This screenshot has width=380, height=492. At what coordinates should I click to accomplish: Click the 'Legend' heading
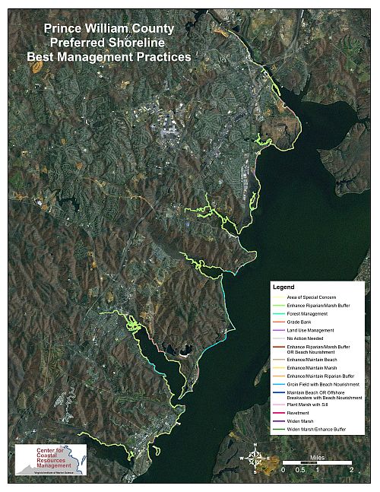tap(287, 287)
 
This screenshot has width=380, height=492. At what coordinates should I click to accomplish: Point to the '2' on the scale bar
tap(352, 471)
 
